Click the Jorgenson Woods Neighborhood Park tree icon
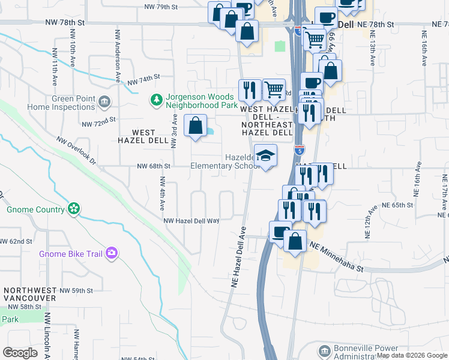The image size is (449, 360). click(x=156, y=98)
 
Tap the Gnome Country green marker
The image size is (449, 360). click(x=74, y=209)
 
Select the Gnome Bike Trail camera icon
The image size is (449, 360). click(x=111, y=254)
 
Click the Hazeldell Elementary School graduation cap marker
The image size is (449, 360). click(x=265, y=156)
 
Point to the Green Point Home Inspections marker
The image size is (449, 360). click(x=105, y=101)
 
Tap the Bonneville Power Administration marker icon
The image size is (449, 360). click(x=324, y=350)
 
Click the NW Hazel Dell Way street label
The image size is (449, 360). click(x=192, y=221)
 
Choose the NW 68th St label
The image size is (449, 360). click(x=154, y=166)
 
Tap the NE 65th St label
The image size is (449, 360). click(x=399, y=205)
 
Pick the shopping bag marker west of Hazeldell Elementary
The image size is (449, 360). click(x=195, y=127)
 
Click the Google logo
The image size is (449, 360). click(x=20, y=353)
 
